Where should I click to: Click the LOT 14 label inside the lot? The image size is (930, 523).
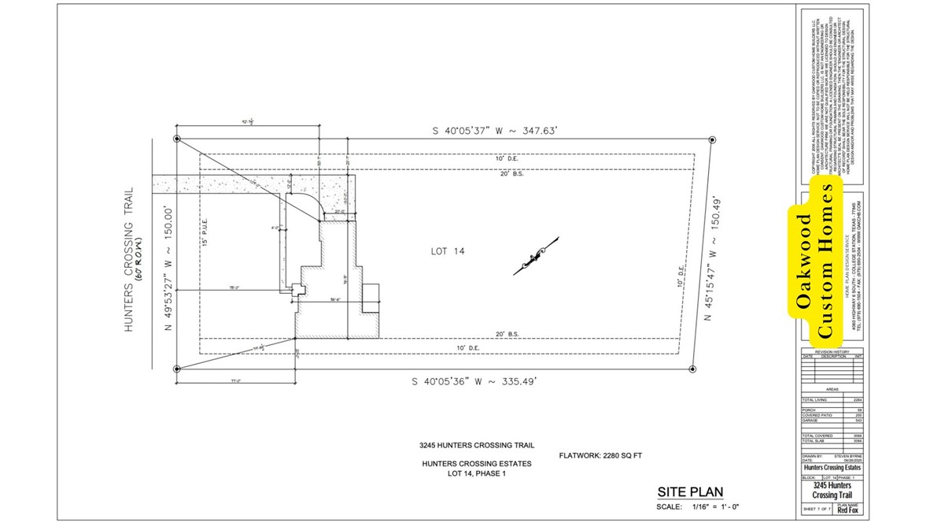(448, 251)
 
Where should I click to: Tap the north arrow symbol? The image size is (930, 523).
(536, 257)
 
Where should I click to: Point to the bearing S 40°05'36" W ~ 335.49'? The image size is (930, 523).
(474, 381)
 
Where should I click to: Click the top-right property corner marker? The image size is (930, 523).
(711, 139)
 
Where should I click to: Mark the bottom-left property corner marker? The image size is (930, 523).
(177, 368)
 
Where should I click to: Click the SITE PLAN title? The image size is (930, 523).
(689, 492)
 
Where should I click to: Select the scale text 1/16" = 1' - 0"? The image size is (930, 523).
(717, 506)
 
